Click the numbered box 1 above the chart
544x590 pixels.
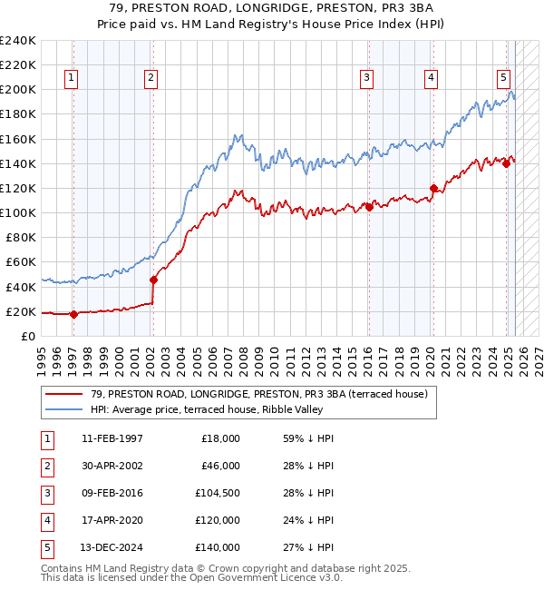pyautogui.click(x=72, y=78)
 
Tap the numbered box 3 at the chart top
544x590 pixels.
pyautogui.click(x=367, y=78)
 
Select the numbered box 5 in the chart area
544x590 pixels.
pyautogui.click(x=502, y=78)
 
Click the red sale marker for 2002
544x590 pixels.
pyautogui.click(x=153, y=280)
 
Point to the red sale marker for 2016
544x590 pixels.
pyautogui.click(x=369, y=207)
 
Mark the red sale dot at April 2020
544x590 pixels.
pyautogui.click(x=433, y=188)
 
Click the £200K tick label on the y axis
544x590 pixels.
pyautogui.click(x=18, y=90)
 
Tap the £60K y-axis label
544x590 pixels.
pyautogui.click(x=22, y=262)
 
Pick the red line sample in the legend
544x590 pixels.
pyautogui.click(x=64, y=394)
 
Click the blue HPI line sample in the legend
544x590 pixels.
pyautogui.click(x=64, y=409)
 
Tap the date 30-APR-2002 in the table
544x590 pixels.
pyautogui.click(x=112, y=466)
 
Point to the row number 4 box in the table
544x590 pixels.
pyautogui.click(x=46, y=521)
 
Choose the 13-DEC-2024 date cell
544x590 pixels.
pyautogui.click(x=112, y=548)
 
